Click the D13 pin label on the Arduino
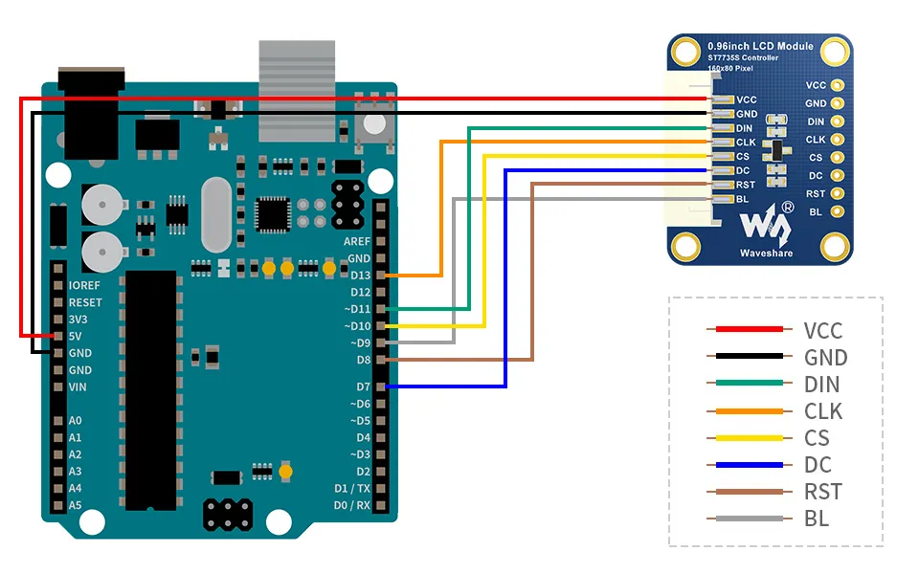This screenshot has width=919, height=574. [x=360, y=276]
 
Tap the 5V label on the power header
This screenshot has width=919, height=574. [x=75, y=336]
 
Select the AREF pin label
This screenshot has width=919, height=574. [x=357, y=241]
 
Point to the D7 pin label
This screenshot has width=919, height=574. [x=364, y=386]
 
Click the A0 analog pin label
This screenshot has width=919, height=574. [x=75, y=421]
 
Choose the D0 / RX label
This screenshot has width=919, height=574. [x=351, y=505]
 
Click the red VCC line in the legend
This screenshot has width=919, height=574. [x=749, y=329]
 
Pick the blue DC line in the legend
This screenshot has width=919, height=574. [x=749, y=465]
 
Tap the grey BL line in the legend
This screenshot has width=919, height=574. [x=749, y=519]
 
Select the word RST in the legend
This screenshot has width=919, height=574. [x=823, y=492]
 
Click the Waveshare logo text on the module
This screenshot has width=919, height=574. [x=766, y=253]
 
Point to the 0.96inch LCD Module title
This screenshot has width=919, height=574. [x=760, y=46]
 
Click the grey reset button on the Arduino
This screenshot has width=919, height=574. [x=374, y=124]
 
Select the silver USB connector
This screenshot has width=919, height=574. [x=297, y=91]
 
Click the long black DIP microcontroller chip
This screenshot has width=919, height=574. [x=150, y=390]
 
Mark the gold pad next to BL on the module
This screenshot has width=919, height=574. [x=837, y=211]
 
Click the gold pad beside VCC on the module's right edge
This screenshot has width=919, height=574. [x=837, y=85]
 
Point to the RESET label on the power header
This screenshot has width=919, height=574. [x=85, y=302]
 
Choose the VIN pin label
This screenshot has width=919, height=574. [x=78, y=386]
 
